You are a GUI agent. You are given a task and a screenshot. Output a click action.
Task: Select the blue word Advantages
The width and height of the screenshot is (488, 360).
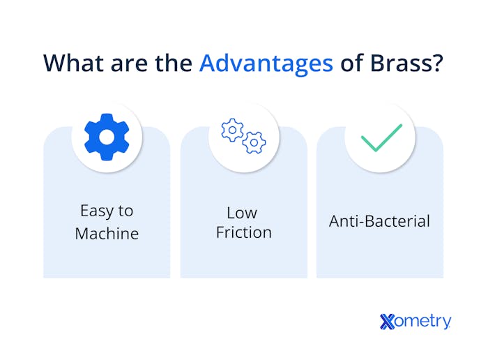pyautogui.click(x=266, y=62)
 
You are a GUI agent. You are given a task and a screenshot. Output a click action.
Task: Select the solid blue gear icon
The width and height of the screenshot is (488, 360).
pyautogui.click(x=107, y=137)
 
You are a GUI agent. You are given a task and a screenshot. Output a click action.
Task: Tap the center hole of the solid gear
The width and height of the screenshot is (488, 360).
pyautogui.click(x=107, y=137)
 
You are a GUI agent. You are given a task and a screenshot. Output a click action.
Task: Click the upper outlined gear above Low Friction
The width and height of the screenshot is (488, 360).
pyautogui.click(x=231, y=130)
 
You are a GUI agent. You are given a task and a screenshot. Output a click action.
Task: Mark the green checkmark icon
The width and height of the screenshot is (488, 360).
pyautogui.click(x=381, y=137)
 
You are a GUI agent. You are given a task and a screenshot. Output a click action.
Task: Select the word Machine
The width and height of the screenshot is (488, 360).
pyautogui.click(x=107, y=233)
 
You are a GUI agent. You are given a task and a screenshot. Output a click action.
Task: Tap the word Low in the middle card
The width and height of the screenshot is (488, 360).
pyautogui.click(x=242, y=212)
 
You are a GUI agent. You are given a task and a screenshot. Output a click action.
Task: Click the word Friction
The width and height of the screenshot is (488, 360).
pyautogui.click(x=243, y=232)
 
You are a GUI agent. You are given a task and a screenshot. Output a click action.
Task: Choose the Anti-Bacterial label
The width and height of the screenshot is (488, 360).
pyautogui.click(x=379, y=221)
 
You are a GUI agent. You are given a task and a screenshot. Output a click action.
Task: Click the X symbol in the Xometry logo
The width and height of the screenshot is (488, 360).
pyautogui.click(x=388, y=322)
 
